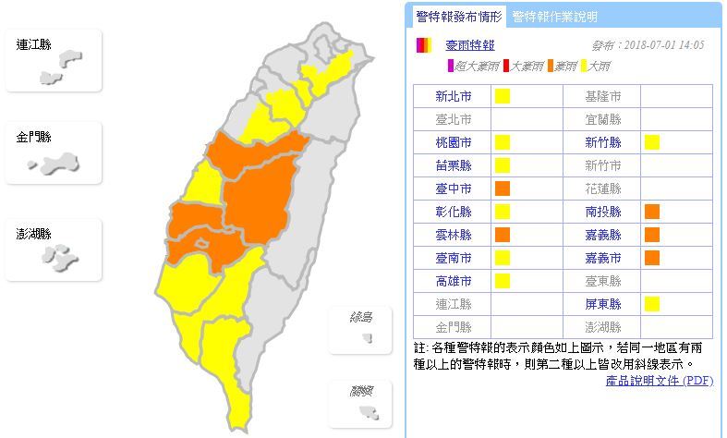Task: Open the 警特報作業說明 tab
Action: point(554,17)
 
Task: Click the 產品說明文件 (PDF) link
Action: point(660,380)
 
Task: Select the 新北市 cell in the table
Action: point(454,96)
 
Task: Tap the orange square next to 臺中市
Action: point(503,189)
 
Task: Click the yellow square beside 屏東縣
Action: point(652,304)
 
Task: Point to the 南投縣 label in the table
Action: point(603,212)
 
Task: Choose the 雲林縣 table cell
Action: point(454,235)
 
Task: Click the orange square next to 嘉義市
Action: point(652,258)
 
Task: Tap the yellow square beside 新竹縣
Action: point(652,142)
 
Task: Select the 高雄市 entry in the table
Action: point(454,281)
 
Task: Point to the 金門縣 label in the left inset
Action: point(34,136)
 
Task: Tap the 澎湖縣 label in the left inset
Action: point(34,234)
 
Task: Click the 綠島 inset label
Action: point(362,318)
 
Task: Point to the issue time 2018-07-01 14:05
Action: point(652,45)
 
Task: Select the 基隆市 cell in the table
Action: point(603,96)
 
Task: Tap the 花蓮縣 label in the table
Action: point(603,189)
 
